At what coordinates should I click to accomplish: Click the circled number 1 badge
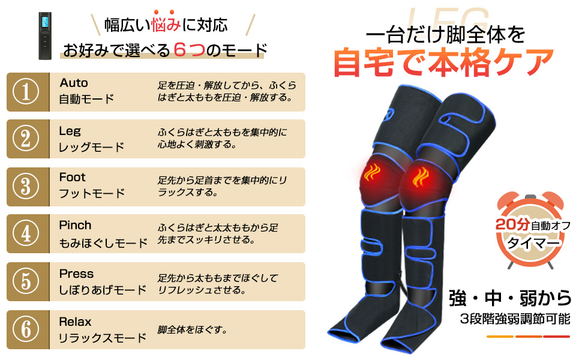(x=26, y=92)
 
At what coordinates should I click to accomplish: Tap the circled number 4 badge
(x=26, y=233)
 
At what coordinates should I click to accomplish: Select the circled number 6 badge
(x=26, y=329)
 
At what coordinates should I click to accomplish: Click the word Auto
(x=74, y=83)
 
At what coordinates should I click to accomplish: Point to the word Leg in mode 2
(x=70, y=131)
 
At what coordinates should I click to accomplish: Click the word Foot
(x=73, y=178)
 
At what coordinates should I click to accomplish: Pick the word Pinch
(x=75, y=225)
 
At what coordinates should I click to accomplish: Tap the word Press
(x=76, y=274)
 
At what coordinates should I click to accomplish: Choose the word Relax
(x=76, y=322)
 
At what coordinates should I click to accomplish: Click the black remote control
(x=45, y=35)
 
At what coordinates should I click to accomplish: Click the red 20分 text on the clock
(x=512, y=224)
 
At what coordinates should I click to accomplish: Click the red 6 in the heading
(x=179, y=50)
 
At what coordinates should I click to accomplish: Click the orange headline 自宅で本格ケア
(x=443, y=62)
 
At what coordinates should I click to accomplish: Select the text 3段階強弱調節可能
(x=515, y=319)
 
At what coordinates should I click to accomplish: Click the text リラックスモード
(x=103, y=338)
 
